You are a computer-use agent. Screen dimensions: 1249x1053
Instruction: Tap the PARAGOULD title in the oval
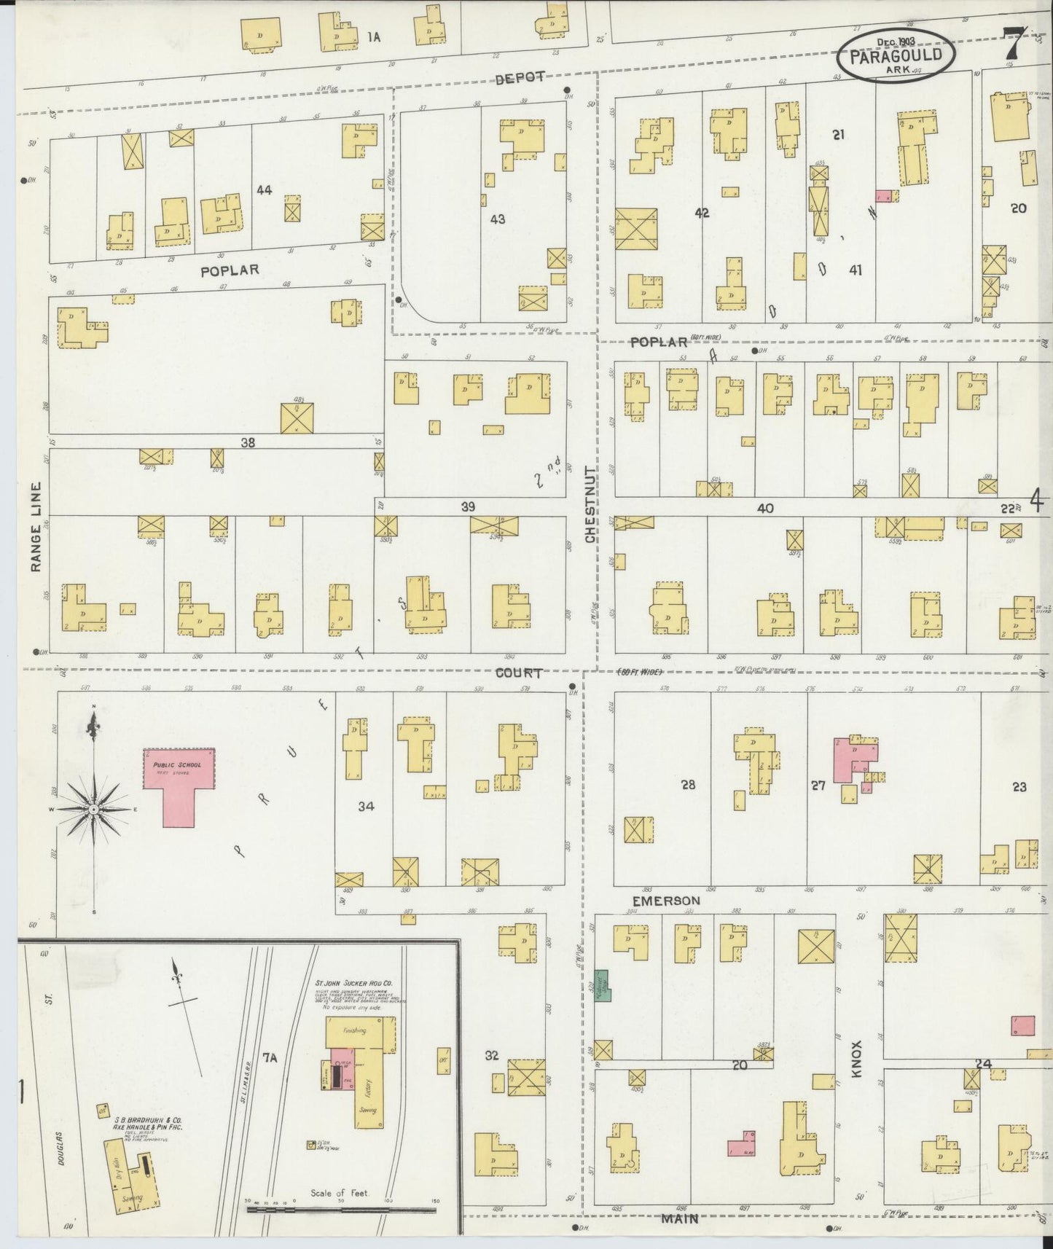(x=894, y=55)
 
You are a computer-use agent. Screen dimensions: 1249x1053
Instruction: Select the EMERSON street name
(x=666, y=901)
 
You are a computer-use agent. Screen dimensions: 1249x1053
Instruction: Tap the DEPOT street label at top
(x=520, y=79)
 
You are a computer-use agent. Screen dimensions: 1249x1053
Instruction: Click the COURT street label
(x=518, y=673)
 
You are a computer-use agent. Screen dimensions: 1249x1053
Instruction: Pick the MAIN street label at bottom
(x=680, y=1217)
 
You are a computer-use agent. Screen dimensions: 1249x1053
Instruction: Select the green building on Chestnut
(x=603, y=985)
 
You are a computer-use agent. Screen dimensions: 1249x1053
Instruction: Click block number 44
(x=264, y=190)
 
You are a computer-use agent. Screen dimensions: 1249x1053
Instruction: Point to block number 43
(x=498, y=219)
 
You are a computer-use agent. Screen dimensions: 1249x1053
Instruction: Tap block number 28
(x=688, y=785)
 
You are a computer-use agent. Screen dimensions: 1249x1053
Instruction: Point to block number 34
(x=366, y=806)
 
